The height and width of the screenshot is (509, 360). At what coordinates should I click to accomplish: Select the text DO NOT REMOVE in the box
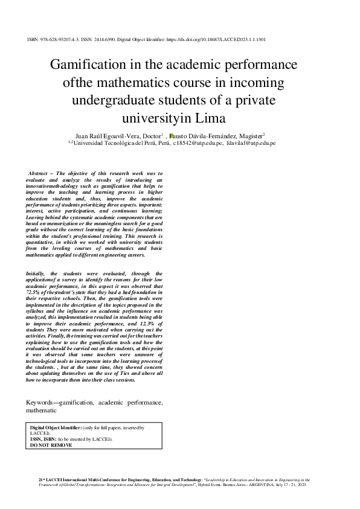[x=51, y=445]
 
